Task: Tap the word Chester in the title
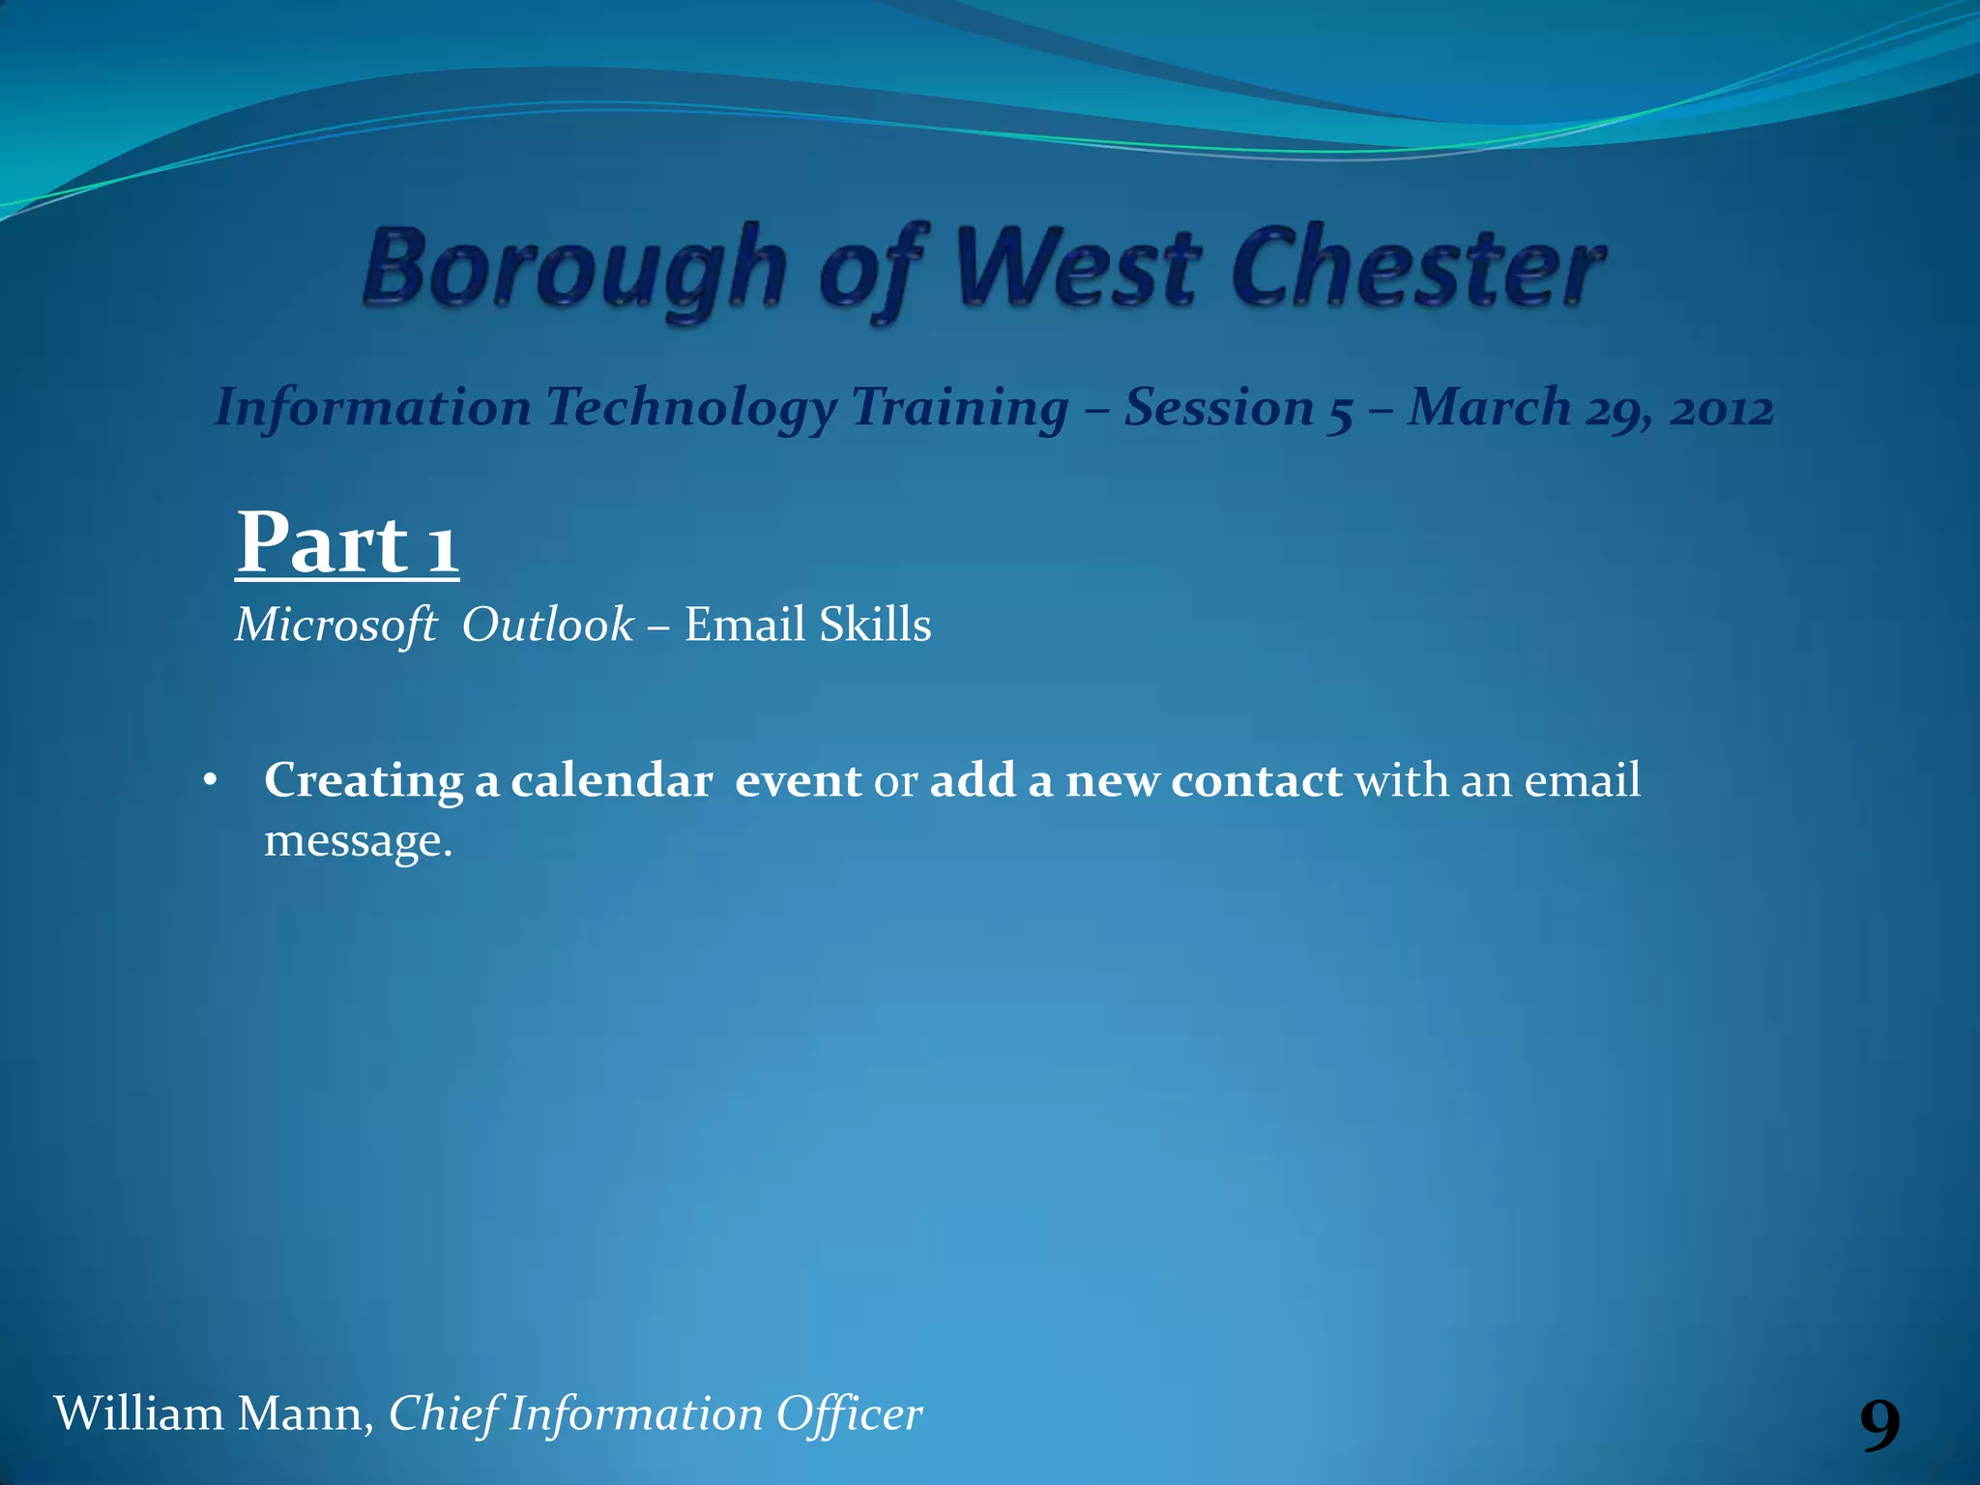pyautogui.click(x=1417, y=266)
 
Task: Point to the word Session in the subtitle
pyautogui.click(x=1219, y=407)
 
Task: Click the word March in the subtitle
pyautogui.click(x=1489, y=407)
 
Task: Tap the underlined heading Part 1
pyautogui.click(x=347, y=543)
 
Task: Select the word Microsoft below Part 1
pyautogui.click(x=336, y=626)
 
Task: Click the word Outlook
pyautogui.click(x=547, y=625)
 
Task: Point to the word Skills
pyautogui.click(x=875, y=625)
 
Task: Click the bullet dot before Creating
pyautogui.click(x=211, y=780)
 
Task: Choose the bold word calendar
pyautogui.click(x=611, y=780)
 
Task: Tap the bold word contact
pyautogui.click(x=1256, y=780)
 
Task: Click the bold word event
pyautogui.click(x=798, y=780)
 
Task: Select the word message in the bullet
pyautogui.click(x=358, y=840)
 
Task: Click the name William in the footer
pyautogui.click(x=138, y=1413)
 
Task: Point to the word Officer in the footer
pyautogui.click(x=850, y=1413)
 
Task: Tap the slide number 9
pyautogui.click(x=1879, y=1424)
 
